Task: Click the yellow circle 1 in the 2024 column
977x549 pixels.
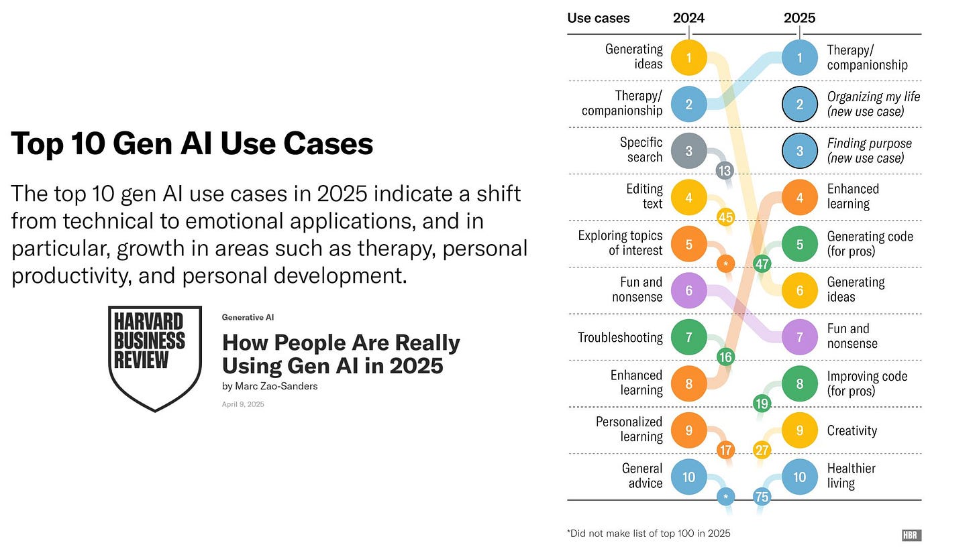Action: (x=689, y=57)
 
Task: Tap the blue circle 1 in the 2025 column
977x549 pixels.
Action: (x=799, y=57)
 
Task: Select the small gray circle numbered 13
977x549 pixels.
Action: (x=724, y=170)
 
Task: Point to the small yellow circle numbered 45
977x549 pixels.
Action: (x=725, y=217)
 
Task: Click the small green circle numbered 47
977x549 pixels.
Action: (x=762, y=263)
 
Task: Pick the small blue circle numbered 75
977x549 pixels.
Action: (x=762, y=497)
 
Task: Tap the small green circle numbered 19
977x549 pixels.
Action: (x=762, y=404)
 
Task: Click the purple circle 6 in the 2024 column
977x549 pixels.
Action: (x=689, y=290)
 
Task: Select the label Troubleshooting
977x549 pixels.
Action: (x=620, y=337)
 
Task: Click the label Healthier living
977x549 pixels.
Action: (x=851, y=476)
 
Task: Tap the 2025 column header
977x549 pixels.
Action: (x=799, y=18)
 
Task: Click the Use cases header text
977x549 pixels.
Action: (x=598, y=18)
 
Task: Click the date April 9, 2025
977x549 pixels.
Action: (x=243, y=404)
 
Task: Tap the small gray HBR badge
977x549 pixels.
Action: (x=911, y=535)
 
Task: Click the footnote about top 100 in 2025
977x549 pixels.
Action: (x=648, y=534)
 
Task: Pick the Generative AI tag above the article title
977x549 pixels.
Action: (x=248, y=317)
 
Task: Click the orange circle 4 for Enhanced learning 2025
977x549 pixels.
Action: (x=799, y=197)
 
